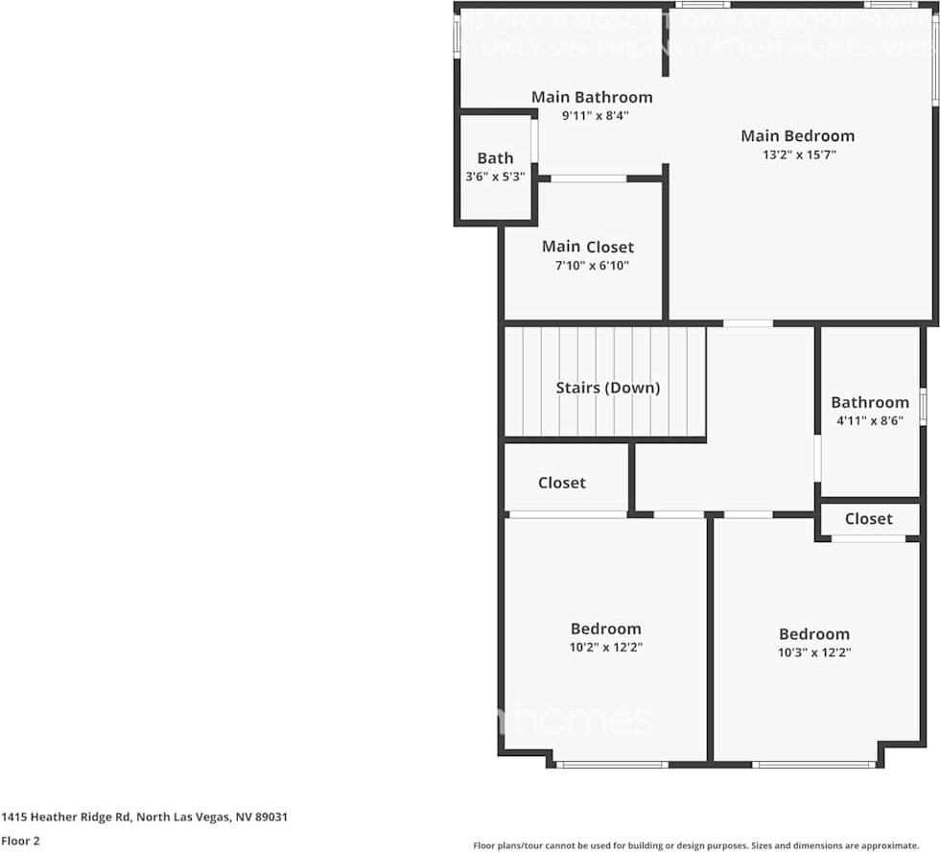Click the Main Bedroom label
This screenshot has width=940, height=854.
tap(797, 135)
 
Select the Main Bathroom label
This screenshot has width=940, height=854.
tap(592, 97)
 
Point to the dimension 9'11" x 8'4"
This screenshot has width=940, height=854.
tap(595, 115)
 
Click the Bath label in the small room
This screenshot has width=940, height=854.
tap(495, 158)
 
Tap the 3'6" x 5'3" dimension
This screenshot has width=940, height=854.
tap(495, 177)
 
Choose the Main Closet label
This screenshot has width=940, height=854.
tap(587, 248)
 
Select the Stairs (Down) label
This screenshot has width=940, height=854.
tap(608, 388)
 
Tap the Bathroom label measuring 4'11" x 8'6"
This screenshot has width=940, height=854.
tap(869, 402)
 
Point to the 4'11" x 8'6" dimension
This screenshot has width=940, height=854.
tap(869, 419)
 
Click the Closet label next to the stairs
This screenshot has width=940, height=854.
tap(561, 483)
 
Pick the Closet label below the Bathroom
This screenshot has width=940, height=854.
tap(868, 518)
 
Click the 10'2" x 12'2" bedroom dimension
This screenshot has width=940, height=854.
tap(605, 648)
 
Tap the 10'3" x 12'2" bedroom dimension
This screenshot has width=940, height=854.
tap(813, 652)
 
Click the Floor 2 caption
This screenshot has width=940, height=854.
tap(20, 842)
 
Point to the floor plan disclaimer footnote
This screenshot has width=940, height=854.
tap(695, 845)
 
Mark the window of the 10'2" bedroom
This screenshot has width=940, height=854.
tap(611, 765)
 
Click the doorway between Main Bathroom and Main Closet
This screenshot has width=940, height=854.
tap(588, 178)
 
